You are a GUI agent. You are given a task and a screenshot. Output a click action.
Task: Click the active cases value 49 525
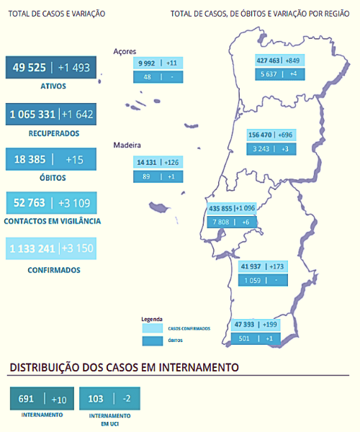(28, 68)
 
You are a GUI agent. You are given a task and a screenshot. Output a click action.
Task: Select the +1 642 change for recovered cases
(77, 114)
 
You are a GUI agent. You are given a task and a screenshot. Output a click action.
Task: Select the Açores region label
(125, 51)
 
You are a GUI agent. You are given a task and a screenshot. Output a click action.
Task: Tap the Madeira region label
(127, 145)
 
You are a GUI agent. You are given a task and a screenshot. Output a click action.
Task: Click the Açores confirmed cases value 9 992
(147, 63)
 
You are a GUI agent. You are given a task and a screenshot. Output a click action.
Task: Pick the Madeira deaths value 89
(147, 176)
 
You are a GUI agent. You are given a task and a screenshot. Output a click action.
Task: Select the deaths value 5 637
(267, 73)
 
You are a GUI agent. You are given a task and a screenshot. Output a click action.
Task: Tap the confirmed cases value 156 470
(261, 135)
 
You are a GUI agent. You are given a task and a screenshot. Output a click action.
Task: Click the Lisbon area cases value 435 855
(221, 208)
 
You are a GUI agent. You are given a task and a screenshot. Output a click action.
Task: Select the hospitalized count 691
(27, 399)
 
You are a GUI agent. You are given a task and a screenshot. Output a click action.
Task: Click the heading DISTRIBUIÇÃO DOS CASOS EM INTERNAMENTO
(124, 367)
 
